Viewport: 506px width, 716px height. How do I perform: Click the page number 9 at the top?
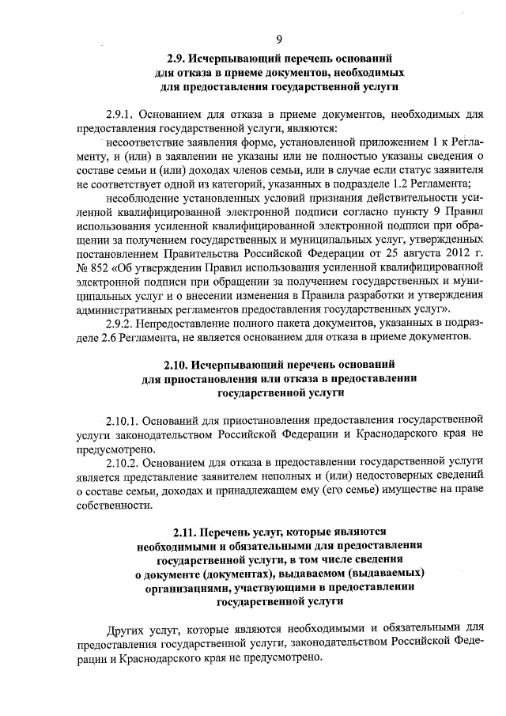[x=280, y=40]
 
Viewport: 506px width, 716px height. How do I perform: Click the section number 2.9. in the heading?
[x=179, y=59]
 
